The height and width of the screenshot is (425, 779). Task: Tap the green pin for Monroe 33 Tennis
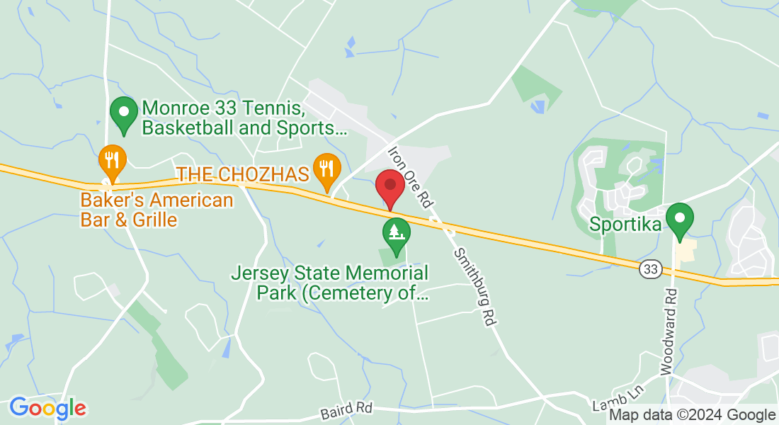125,115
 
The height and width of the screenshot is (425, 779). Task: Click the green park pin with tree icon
396,234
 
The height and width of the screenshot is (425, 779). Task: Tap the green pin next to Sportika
681,220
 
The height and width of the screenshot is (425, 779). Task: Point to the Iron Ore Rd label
410,177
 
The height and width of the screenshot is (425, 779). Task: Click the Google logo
47,408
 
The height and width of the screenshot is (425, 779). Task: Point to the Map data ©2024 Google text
693,415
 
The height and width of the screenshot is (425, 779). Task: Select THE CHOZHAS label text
244,174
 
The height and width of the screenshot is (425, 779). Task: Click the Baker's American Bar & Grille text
157,210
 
